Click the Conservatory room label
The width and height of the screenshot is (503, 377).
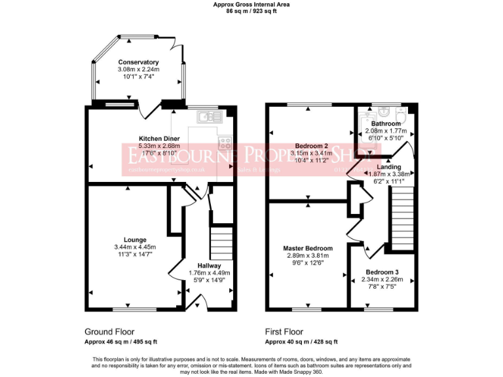[x=138, y=62]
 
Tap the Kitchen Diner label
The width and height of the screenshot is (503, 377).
[x=160, y=139]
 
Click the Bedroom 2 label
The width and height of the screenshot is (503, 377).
[x=311, y=145]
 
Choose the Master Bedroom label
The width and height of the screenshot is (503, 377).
[x=308, y=249]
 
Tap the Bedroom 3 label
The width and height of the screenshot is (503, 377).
[x=381, y=272]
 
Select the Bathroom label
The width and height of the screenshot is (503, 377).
[x=386, y=124]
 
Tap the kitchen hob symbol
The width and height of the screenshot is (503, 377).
[x=225, y=141]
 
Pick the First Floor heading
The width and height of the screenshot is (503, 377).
[x=284, y=332]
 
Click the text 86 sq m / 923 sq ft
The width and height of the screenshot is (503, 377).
[x=251, y=11]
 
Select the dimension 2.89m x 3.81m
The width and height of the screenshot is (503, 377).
[x=308, y=256]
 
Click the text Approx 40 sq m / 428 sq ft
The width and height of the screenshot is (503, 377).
[x=301, y=342]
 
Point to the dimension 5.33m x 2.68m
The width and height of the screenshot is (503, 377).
[x=160, y=146]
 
